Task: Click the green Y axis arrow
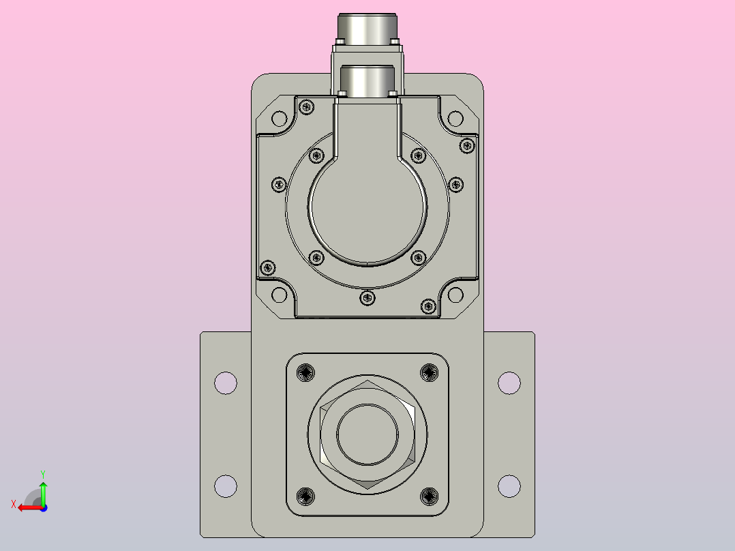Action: point(43,493)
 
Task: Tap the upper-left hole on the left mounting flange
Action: point(226,383)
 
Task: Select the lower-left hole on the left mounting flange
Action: point(226,486)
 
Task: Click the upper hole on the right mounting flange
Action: point(509,383)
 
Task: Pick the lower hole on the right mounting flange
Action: point(509,486)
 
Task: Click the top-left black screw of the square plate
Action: point(306,373)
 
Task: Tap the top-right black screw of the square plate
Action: point(429,373)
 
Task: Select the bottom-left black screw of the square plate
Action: point(306,496)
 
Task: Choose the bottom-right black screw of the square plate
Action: point(429,496)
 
